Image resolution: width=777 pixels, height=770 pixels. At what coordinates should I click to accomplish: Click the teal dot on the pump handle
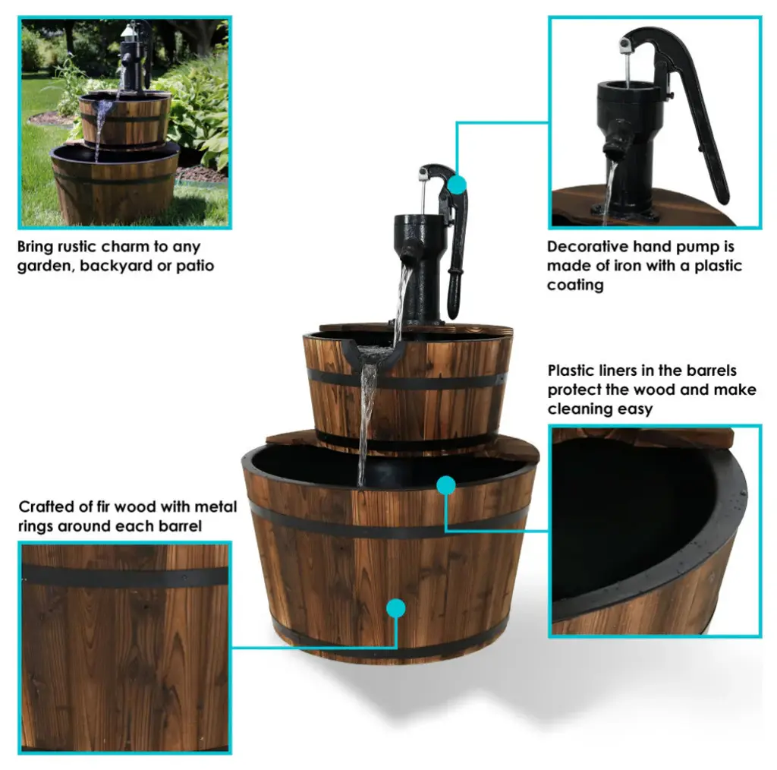point(457,185)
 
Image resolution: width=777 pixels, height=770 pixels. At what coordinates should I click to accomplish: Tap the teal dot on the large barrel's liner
point(446,485)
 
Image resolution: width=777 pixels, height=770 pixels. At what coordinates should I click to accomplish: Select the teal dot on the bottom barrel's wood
point(395,608)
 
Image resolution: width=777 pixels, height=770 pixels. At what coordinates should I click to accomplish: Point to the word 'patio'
point(195,267)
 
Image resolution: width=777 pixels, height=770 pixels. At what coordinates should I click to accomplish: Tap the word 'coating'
point(575,285)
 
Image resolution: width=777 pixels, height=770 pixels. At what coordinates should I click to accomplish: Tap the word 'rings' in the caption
point(36,526)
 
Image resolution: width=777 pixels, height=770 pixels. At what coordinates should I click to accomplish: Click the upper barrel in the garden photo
point(125,120)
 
